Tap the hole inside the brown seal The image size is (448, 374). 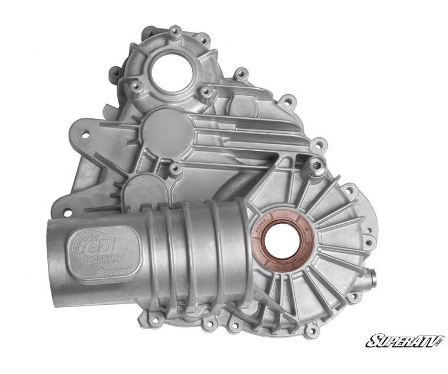pos(282,238)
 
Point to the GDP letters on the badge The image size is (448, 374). pos(98,244)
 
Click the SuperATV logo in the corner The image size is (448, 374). pos(404,341)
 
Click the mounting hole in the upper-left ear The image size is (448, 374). pos(84,134)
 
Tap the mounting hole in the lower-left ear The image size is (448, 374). pos(67,211)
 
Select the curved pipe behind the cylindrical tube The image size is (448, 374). pos(228,188)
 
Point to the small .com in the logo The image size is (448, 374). pos(439,344)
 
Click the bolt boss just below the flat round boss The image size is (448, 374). pos(175,168)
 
